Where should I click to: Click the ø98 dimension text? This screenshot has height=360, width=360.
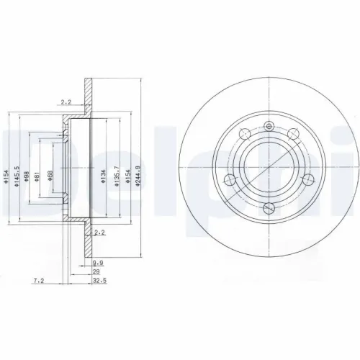pyautogui.click(x=27, y=179)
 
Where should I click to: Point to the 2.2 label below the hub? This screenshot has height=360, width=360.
pyautogui.click(x=99, y=233)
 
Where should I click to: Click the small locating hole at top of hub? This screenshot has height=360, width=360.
pyautogui.click(x=269, y=127)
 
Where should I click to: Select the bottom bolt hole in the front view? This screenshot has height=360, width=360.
pyautogui.click(x=269, y=209)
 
